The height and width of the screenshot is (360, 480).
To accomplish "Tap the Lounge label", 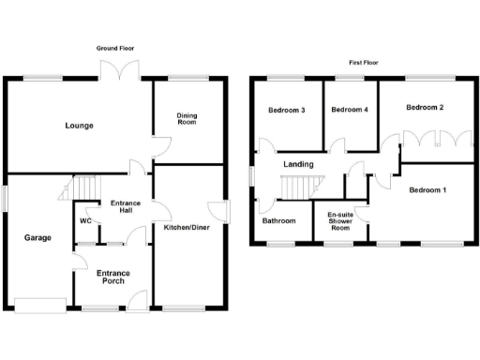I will [79, 126].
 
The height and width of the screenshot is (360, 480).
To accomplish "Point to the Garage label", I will [37, 237].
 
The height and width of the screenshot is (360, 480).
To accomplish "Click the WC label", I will [85, 221].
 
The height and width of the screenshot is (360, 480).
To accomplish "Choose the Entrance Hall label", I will [125, 207].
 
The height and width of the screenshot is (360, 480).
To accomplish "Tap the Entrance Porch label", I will [113, 277].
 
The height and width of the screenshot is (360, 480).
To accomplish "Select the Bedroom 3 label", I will [287, 110].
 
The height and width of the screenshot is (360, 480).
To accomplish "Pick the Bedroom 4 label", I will [350, 110].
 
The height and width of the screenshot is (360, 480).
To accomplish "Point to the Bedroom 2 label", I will [425, 107].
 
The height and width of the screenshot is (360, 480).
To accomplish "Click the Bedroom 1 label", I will [427, 190].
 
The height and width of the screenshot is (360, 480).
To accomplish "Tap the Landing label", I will [299, 164].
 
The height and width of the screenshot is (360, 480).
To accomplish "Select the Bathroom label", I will [279, 221].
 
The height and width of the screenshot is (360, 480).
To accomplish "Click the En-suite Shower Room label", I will [339, 221].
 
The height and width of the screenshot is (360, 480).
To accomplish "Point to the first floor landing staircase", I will [295, 187].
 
